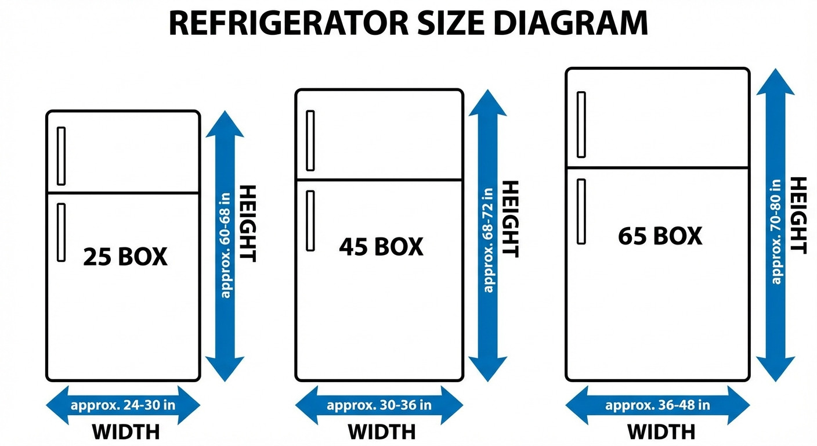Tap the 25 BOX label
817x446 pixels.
[125, 257]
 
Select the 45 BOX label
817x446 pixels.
[381, 247]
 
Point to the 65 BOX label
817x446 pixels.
[660, 236]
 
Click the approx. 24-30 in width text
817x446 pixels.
[123, 405]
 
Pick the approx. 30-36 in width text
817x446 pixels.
[379, 405]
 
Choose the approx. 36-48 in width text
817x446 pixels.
[657, 405]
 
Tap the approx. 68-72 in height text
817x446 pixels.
[487, 239]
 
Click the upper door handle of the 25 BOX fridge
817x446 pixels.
[61, 156]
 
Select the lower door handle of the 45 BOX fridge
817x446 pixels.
[310, 221]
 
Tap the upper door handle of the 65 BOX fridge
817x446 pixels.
[581, 124]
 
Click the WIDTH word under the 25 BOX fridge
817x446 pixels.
[126, 432]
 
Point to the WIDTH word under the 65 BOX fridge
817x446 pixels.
[661, 432]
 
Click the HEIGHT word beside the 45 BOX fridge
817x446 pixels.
[509, 219]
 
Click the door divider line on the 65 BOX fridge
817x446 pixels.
[657, 168]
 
